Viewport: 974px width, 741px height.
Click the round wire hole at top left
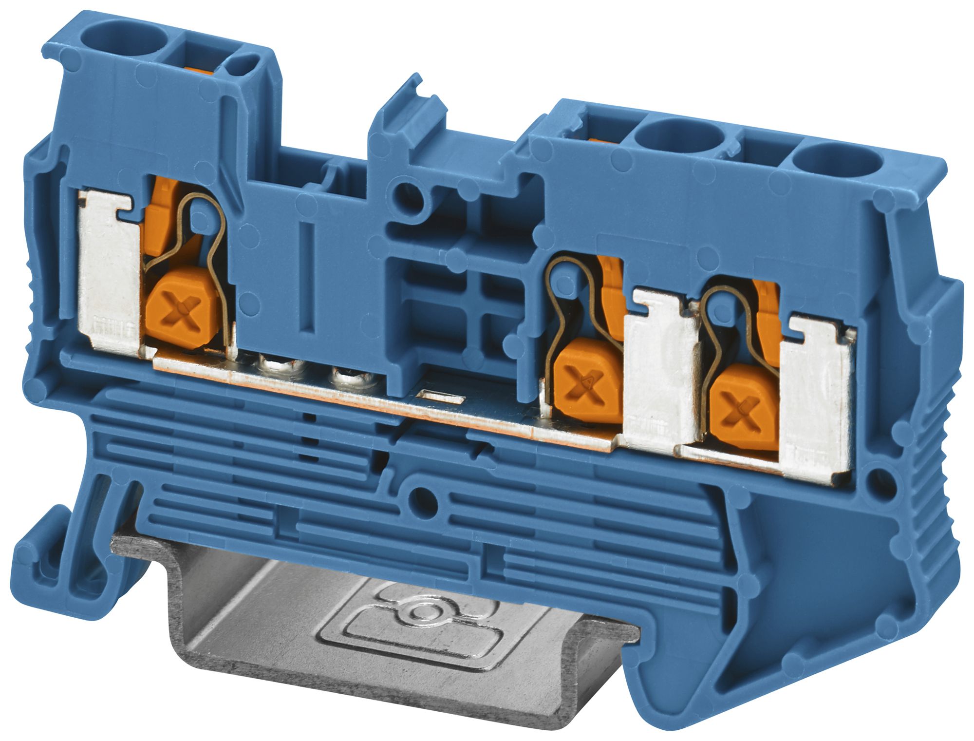pyautogui.click(x=117, y=38)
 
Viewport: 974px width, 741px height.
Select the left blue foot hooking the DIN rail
pyautogui.click(x=58, y=560)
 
